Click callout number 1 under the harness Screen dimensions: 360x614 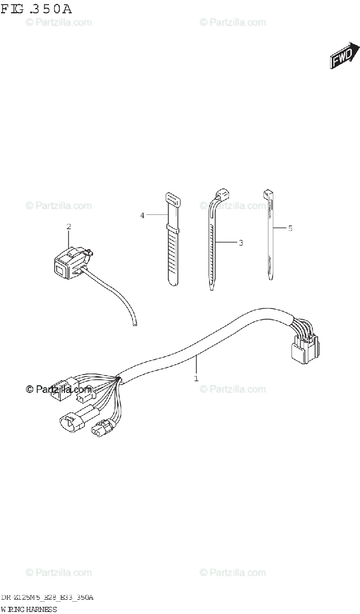click(x=196, y=379)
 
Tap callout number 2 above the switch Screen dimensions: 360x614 click(x=69, y=226)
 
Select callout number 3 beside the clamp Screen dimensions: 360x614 click(x=240, y=243)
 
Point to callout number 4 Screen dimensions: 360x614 click(x=143, y=215)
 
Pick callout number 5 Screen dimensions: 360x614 click(x=290, y=228)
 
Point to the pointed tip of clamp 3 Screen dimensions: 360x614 click(x=212, y=289)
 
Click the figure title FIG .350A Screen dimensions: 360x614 click(x=37, y=10)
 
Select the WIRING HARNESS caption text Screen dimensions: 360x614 click(x=29, y=609)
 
